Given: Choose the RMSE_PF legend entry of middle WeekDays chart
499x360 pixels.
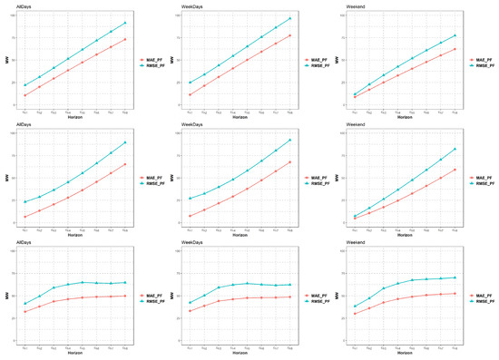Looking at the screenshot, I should click(x=316, y=185).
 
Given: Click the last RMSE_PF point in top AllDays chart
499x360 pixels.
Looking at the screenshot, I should click(x=125, y=23).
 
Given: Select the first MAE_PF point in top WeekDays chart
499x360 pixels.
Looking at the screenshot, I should click(x=191, y=94).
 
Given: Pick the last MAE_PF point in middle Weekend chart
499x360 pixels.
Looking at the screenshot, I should click(x=455, y=169).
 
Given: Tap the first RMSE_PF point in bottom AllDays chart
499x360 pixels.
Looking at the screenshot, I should click(x=25, y=304).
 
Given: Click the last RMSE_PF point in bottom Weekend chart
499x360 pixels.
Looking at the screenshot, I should click(x=455, y=277).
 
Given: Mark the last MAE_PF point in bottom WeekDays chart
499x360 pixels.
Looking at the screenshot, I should click(x=290, y=297).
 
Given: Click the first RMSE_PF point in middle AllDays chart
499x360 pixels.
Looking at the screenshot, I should click(x=25, y=201).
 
